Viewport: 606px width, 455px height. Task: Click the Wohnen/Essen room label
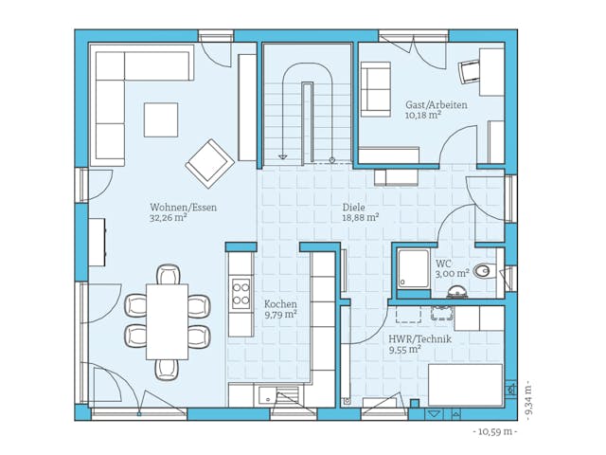click(168, 207)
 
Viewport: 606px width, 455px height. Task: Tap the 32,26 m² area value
click(168, 218)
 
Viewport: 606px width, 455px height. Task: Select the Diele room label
click(353, 206)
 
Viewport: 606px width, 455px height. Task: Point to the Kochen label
click(280, 303)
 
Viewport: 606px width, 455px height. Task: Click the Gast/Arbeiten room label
click(436, 105)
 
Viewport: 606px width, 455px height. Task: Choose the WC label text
click(443, 264)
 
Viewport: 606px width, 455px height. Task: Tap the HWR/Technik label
click(419, 338)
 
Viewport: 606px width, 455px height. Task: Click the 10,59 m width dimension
click(494, 431)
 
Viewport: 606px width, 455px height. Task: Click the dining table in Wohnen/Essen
click(167, 320)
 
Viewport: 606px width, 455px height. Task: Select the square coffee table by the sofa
click(160, 120)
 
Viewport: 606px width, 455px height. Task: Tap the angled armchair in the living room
click(209, 163)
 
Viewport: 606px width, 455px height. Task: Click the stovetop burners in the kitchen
click(241, 290)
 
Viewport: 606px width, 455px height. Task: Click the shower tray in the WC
click(412, 266)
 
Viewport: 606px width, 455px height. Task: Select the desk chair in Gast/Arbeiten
click(470, 70)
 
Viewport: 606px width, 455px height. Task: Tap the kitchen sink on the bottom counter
click(284, 396)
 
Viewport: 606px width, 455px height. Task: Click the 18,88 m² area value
click(360, 217)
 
